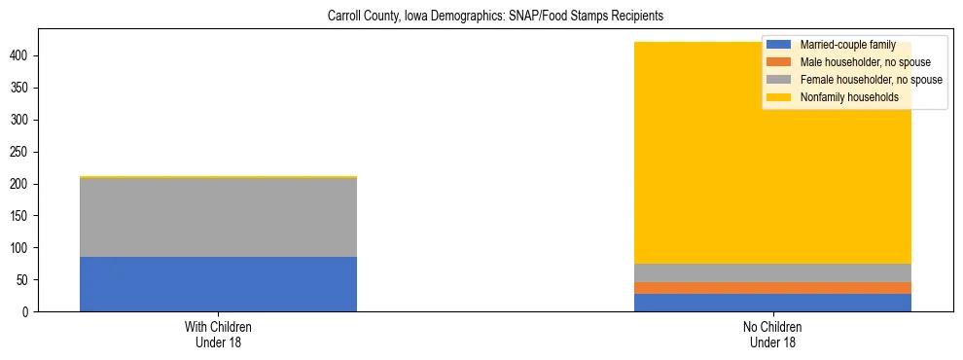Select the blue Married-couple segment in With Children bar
click(218, 284)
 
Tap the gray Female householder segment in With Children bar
click(218, 218)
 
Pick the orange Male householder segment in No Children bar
click(772, 288)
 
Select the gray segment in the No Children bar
click(772, 272)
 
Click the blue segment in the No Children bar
click(772, 303)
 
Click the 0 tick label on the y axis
click(29, 312)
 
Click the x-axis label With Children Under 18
click(218, 334)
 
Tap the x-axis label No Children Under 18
click(772, 334)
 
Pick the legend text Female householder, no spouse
click(871, 80)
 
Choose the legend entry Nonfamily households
click(849, 97)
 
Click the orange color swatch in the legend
click(779, 62)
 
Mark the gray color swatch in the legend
click(779, 80)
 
